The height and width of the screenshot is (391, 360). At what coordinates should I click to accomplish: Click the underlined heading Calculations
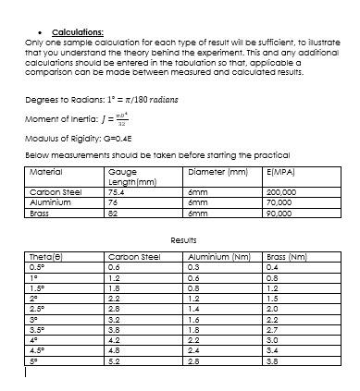point(78,31)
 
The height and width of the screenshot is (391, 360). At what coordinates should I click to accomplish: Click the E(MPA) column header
point(279,172)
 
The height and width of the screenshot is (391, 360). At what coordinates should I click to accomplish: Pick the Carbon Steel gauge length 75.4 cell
point(118,192)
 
